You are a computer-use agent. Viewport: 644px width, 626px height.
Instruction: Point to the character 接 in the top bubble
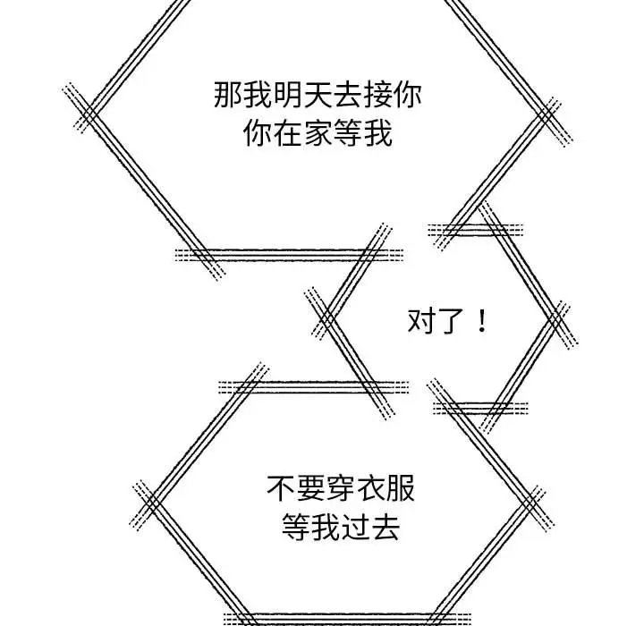378,95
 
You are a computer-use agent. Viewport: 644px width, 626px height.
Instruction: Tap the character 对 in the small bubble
422,321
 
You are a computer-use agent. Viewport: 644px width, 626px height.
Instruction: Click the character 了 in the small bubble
452,321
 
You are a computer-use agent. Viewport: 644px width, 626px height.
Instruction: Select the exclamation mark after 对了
482,321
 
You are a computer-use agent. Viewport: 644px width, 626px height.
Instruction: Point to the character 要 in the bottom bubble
311,488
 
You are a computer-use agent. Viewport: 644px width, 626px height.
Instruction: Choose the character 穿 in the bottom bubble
342,488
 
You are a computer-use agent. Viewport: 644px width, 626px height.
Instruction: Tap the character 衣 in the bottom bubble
371,488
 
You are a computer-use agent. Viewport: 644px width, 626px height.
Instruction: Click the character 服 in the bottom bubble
402,488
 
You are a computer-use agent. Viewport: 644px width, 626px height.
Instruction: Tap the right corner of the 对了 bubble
557,319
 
